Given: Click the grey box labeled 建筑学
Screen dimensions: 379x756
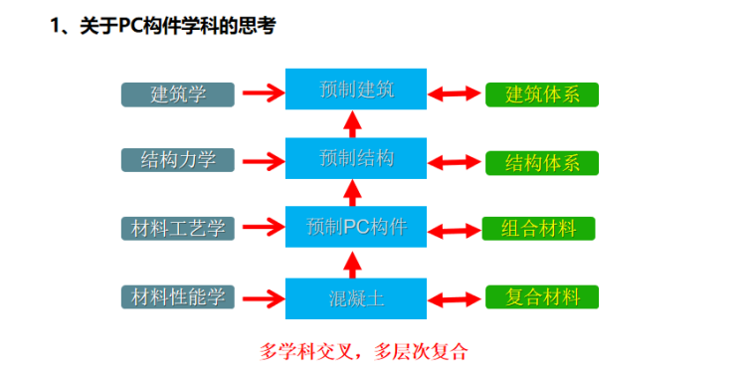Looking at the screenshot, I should click(178, 95).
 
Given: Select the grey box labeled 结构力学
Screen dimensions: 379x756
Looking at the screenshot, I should click(178, 160).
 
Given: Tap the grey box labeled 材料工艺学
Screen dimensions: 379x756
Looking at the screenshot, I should click(178, 229).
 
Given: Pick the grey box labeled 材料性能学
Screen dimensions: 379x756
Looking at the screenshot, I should click(178, 296).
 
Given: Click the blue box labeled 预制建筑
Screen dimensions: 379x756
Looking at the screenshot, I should click(356, 90).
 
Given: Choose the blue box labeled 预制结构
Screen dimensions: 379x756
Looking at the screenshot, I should click(356, 158).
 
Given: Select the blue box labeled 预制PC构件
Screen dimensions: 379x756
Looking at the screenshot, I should click(356, 227).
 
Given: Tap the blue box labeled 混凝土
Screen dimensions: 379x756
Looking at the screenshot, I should click(356, 297).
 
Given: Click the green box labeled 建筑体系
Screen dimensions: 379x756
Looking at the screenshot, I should click(542, 95).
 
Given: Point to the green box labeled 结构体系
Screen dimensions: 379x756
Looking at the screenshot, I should click(542, 163).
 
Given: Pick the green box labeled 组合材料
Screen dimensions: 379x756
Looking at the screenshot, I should click(538, 228).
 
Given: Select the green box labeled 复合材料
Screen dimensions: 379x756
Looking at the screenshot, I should click(542, 296).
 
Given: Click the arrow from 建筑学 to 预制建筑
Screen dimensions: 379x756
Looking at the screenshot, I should click(261, 95).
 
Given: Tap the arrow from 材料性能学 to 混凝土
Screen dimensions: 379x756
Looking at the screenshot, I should click(261, 297).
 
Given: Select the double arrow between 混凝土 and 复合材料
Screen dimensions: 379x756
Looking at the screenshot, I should click(455, 297).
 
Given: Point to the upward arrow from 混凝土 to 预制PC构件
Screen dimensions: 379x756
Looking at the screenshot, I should click(350, 264).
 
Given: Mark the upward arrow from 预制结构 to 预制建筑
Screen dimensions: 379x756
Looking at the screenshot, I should click(350, 124).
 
